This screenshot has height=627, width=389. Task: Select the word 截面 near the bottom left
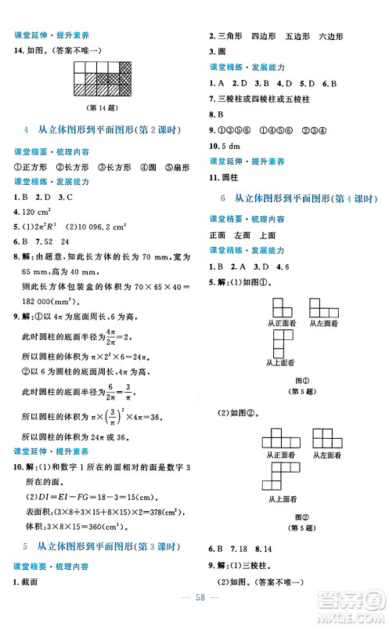[32, 581]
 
